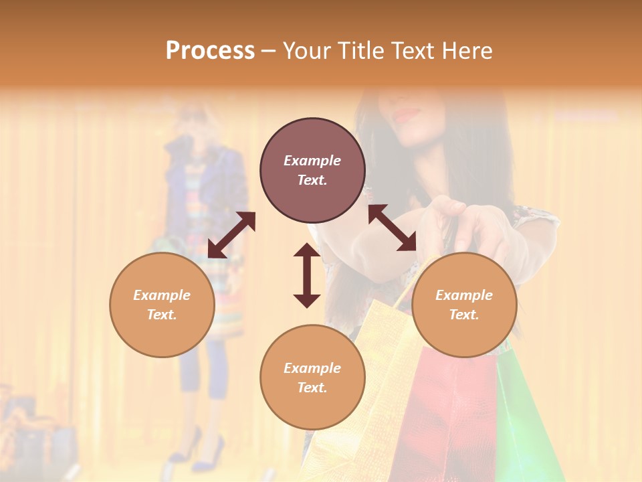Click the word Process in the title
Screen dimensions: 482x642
click(210, 51)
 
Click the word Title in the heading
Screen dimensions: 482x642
click(361, 51)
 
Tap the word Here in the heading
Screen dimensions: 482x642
click(465, 51)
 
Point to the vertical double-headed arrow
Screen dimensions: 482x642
click(307, 275)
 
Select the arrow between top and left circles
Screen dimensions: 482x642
click(231, 235)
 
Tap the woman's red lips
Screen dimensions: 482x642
click(407, 115)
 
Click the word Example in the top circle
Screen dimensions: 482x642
click(312, 161)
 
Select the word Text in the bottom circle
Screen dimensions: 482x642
click(312, 388)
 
